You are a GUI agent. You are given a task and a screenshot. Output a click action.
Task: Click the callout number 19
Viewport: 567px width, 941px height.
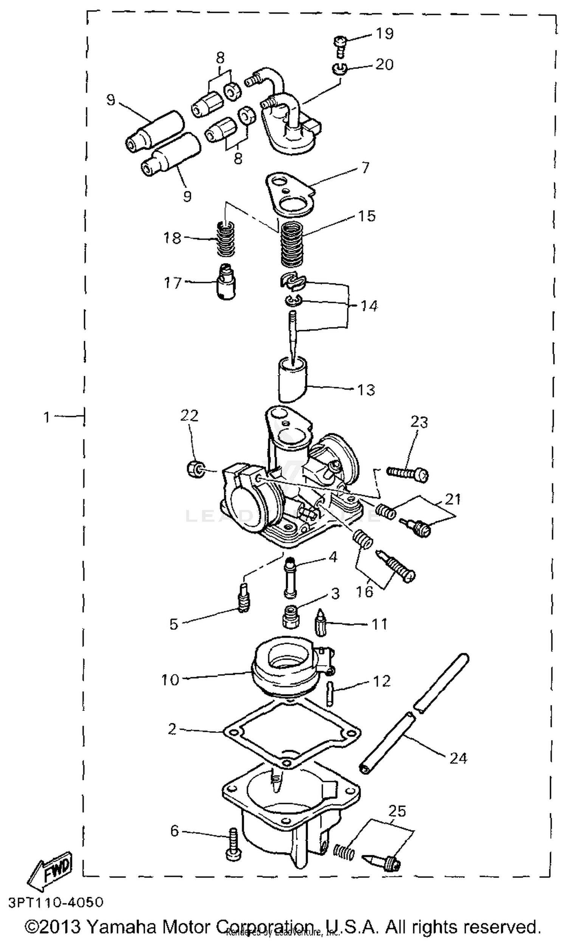tap(385, 34)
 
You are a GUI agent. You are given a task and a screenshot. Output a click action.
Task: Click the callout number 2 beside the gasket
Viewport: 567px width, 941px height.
tap(172, 729)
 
